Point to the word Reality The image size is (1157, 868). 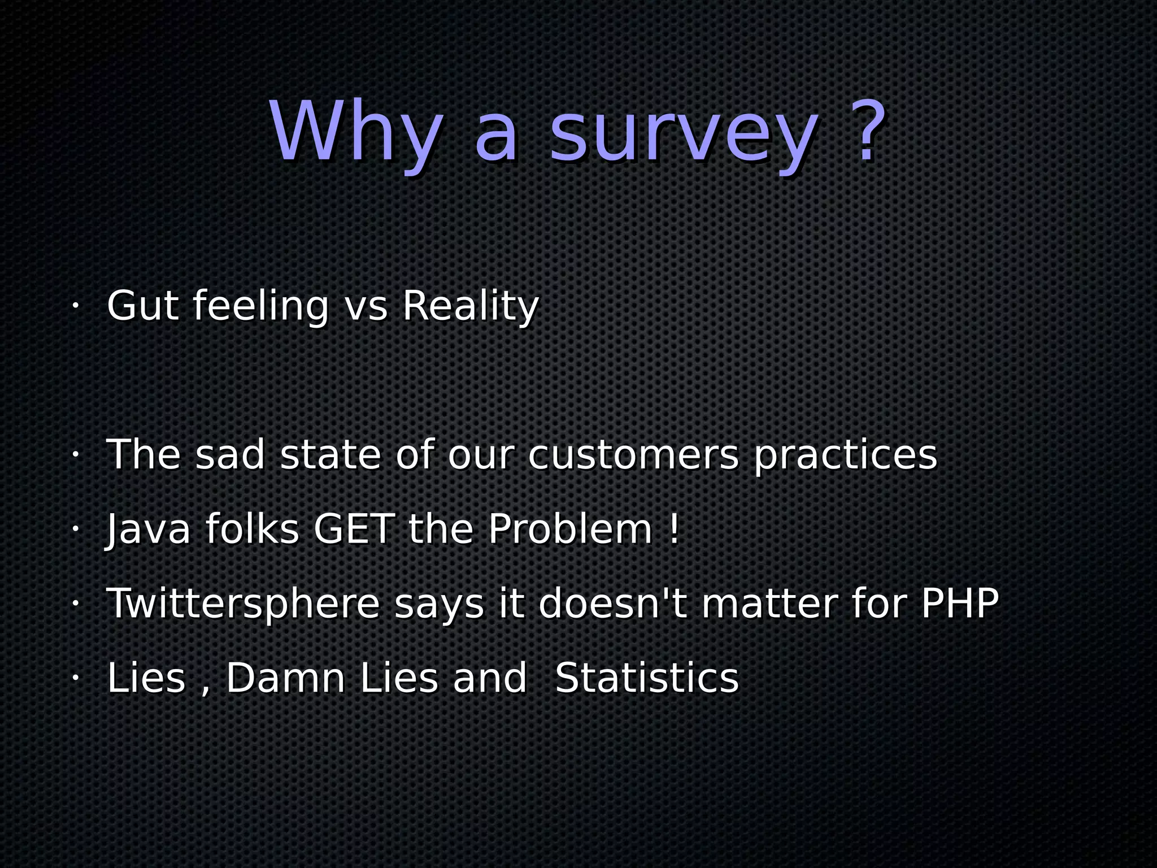pyautogui.click(x=471, y=307)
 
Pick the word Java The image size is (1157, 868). pyautogui.click(x=148, y=530)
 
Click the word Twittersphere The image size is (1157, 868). pyautogui.click(x=243, y=604)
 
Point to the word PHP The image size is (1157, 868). pyautogui.click(x=960, y=603)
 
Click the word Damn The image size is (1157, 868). pyautogui.click(x=285, y=678)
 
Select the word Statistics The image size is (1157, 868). pyautogui.click(x=647, y=678)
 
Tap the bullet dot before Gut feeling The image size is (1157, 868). pyautogui.click(x=74, y=307)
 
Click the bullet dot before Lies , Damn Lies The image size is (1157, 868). pyautogui.click(x=74, y=678)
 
